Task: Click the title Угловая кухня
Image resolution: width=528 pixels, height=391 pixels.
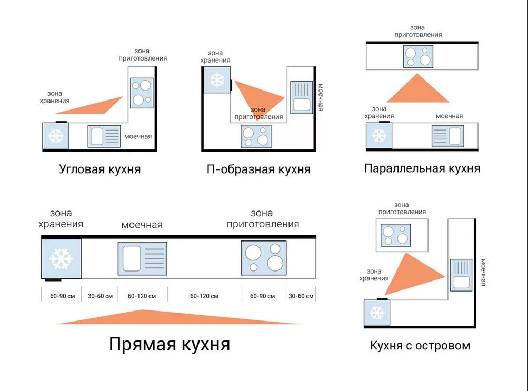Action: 99,169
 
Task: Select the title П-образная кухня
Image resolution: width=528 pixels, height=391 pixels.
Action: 258,169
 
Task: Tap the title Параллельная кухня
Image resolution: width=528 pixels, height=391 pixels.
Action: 422,168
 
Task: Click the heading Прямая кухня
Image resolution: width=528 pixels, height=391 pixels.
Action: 170,344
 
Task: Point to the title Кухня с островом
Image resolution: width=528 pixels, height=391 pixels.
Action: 420,346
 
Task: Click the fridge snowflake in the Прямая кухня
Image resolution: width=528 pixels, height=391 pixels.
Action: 61,259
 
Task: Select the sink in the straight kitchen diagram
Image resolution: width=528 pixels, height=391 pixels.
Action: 143,258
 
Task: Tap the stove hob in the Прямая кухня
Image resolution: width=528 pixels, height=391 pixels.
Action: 264,258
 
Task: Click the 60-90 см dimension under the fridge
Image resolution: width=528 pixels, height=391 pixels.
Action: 62,296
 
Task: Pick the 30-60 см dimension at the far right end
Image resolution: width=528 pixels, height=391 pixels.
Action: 301,296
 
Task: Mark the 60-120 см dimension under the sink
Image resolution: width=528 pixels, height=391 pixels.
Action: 142,296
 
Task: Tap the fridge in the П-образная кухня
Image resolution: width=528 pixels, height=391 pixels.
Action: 217,80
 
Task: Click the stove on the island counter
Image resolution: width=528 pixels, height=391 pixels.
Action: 396,235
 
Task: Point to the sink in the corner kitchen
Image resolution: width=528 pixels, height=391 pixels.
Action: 104,136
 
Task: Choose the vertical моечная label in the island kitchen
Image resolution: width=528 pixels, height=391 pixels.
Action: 483,273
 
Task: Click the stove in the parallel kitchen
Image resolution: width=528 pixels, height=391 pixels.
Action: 418,56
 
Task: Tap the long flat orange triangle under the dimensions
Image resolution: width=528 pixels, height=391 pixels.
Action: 178,317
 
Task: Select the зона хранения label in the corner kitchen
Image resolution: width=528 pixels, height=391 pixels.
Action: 55,97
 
